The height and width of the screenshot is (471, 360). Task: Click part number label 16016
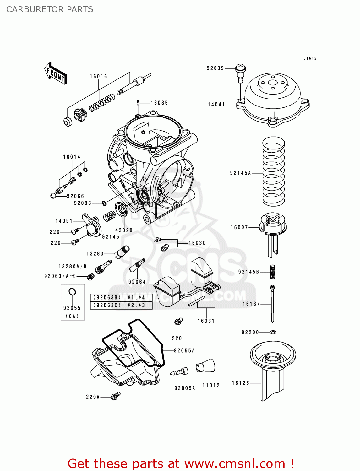pyautogui.click(x=98, y=76)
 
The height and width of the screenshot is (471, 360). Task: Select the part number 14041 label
pyautogui.click(x=216, y=105)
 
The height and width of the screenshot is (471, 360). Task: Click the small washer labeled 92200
pyautogui.click(x=273, y=332)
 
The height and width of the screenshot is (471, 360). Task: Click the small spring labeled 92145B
pyautogui.click(x=273, y=272)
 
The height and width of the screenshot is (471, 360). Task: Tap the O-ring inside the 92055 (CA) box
pyautogui.click(x=72, y=292)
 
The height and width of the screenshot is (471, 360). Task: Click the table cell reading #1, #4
pyautogui.click(x=136, y=297)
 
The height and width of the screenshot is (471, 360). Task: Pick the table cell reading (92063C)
pyautogui.click(x=107, y=305)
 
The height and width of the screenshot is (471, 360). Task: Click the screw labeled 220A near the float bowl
pyautogui.click(x=116, y=396)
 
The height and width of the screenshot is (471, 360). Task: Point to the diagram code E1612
pyautogui.click(x=310, y=58)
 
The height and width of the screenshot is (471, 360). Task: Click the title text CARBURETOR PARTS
pyautogui.click(x=50, y=9)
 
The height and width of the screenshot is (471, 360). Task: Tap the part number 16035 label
pyautogui.click(x=159, y=103)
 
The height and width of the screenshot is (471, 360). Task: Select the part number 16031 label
pyautogui.click(x=206, y=321)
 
